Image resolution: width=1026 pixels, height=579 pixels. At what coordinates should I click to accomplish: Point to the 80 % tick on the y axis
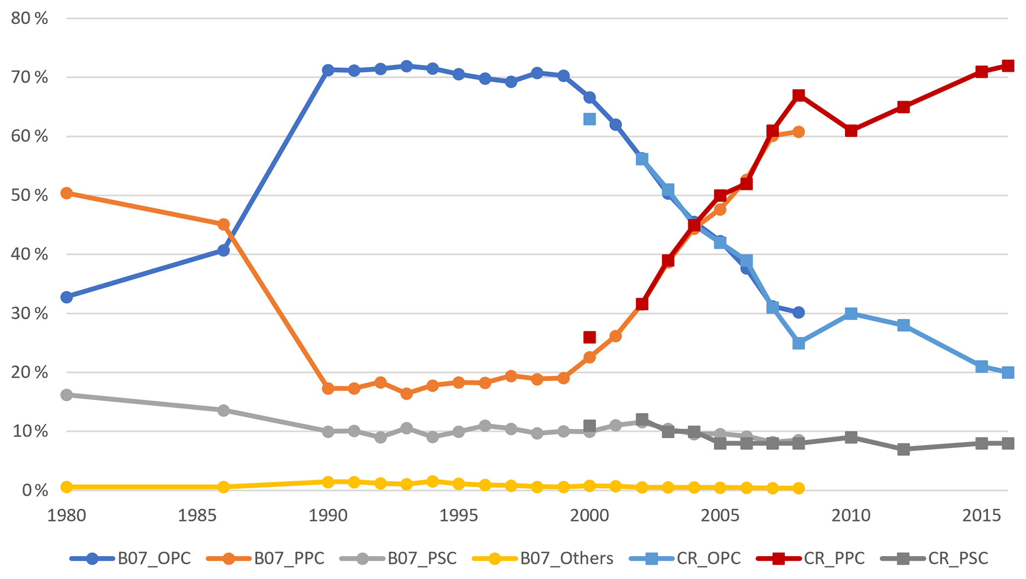29,19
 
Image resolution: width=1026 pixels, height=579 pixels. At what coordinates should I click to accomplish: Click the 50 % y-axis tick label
29,195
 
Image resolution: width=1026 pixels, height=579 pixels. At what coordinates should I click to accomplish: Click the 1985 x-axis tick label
197,516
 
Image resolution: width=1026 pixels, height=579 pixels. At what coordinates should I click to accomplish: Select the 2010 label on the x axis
850,516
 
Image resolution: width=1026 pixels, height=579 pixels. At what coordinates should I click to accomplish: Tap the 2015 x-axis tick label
981,516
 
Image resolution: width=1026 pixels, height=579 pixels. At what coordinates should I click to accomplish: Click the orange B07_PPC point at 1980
66,193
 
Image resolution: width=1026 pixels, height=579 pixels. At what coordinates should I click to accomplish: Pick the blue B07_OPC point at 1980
66,297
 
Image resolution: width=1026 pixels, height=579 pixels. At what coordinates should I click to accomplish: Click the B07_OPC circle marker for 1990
328,70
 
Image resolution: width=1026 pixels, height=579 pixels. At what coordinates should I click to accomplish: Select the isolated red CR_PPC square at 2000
589,337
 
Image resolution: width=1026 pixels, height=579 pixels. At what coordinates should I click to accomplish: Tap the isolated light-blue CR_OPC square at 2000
589,119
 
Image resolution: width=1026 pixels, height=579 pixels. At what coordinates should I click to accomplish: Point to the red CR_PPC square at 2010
851,131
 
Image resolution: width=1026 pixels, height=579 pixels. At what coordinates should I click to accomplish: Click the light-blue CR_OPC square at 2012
903,325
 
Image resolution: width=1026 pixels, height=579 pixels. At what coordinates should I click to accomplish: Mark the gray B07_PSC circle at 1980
66,395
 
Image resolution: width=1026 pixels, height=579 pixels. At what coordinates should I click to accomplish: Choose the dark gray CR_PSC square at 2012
903,450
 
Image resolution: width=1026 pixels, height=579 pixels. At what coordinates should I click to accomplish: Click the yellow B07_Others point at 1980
66,487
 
